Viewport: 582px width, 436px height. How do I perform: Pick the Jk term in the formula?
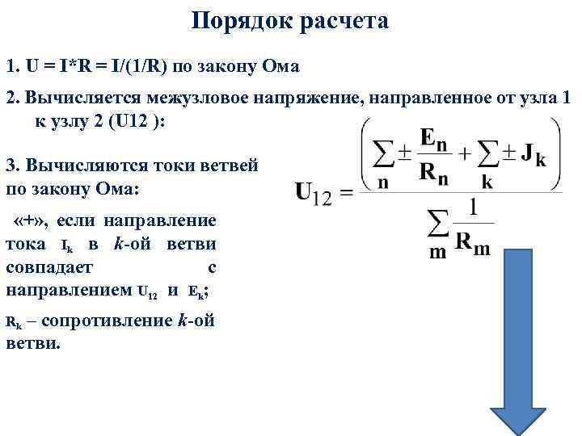(x=533, y=156)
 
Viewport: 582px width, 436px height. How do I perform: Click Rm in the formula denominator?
(x=472, y=243)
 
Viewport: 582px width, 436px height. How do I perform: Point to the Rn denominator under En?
(x=434, y=171)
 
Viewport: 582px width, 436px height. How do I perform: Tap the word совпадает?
(x=49, y=266)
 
